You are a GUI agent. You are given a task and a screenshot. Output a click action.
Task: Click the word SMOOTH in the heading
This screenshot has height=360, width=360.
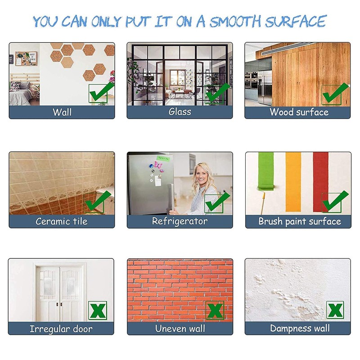(x=235, y=21)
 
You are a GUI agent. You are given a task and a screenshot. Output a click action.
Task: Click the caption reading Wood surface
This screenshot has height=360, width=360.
(x=299, y=112)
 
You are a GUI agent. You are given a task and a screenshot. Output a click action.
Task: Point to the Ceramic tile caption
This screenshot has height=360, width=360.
(x=62, y=221)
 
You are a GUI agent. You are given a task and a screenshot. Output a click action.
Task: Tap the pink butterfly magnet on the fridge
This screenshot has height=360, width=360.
(x=158, y=165)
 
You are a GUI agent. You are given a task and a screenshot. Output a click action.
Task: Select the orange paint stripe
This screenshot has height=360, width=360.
(x=293, y=182)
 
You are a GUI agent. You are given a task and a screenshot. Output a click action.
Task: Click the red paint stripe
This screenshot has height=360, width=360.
(x=320, y=182)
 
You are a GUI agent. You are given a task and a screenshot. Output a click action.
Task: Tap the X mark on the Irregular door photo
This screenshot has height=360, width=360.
(x=98, y=310)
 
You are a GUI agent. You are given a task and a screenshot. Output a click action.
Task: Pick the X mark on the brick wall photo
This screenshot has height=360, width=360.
(x=215, y=310)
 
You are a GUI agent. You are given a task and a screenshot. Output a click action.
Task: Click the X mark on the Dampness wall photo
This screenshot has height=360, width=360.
(x=335, y=310)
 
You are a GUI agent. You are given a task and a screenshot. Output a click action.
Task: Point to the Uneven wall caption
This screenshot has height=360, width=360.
(x=180, y=328)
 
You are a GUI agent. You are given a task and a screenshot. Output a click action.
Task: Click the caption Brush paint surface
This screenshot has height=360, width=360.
(x=300, y=221)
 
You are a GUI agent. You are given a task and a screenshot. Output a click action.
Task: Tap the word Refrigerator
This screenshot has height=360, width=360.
(x=180, y=221)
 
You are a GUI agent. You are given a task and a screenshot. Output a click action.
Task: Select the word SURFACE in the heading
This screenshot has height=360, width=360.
(x=296, y=21)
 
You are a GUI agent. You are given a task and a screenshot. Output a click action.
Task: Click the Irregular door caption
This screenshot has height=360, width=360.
(x=61, y=329)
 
